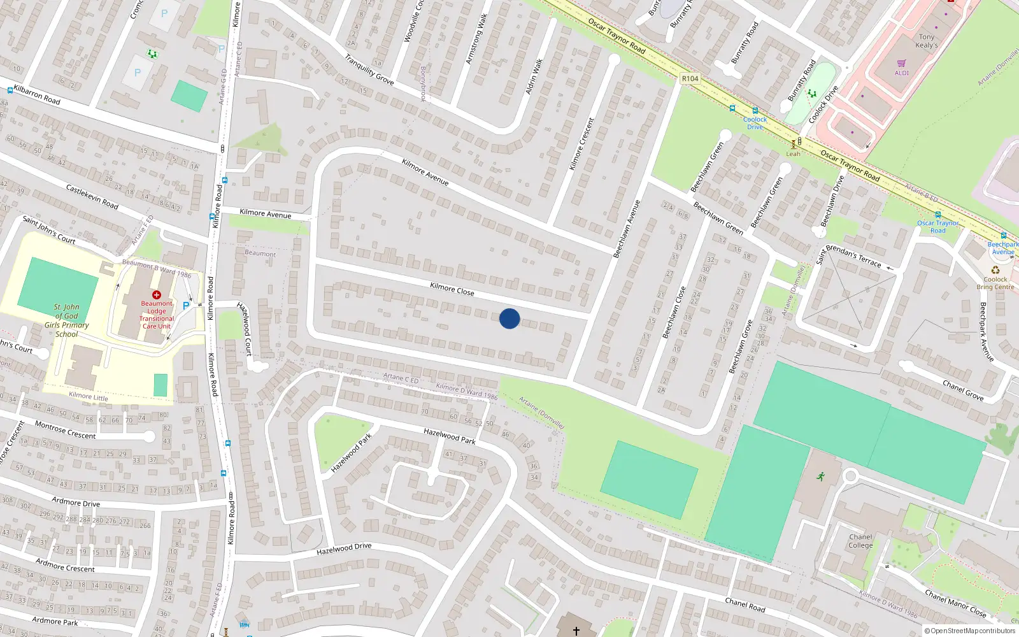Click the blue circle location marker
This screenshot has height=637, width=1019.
tap(509, 318)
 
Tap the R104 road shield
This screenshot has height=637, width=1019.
tap(690, 78)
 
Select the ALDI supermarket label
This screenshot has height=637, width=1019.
tap(902, 73)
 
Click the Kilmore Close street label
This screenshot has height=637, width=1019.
tap(452, 289)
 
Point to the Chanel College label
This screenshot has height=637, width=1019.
tap(860, 541)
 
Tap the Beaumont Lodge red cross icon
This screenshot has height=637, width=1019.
tap(157, 295)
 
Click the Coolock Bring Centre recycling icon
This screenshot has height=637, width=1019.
tap(995, 270)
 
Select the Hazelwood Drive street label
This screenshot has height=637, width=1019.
tap(344, 548)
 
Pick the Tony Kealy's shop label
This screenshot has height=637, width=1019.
tap(927, 41)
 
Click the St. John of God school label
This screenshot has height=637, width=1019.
tap(66, 320)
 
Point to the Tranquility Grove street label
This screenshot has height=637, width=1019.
tap(369, 69)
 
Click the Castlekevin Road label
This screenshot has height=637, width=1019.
tap(92, 196)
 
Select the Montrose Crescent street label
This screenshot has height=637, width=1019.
tap(65, 430)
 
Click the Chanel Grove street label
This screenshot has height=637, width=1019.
tap(963, 390)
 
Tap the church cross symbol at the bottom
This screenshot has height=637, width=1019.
tap(576, 631)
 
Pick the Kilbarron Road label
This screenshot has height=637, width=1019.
tap(37, 95)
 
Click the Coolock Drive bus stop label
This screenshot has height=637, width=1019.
tap(755, 123)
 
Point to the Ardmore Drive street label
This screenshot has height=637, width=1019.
tap(76, 502)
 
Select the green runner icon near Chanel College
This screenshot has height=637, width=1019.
tap(821, 476)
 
